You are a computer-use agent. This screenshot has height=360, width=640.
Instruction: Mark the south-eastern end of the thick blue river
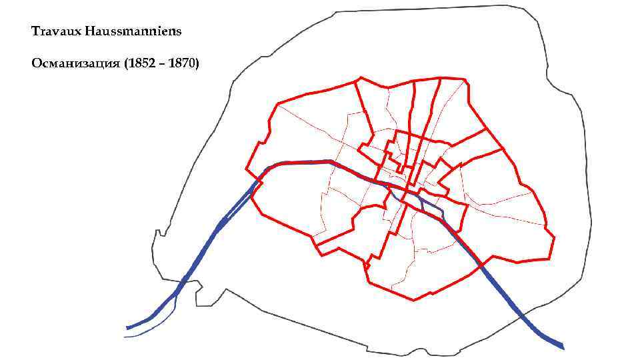pyautogui.click(x=562, y=347)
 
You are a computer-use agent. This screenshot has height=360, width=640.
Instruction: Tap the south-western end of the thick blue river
pyautogui.click(x=128, y=327)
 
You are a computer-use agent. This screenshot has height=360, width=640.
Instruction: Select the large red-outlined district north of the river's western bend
pyautogui.click(x=307, y=133)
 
